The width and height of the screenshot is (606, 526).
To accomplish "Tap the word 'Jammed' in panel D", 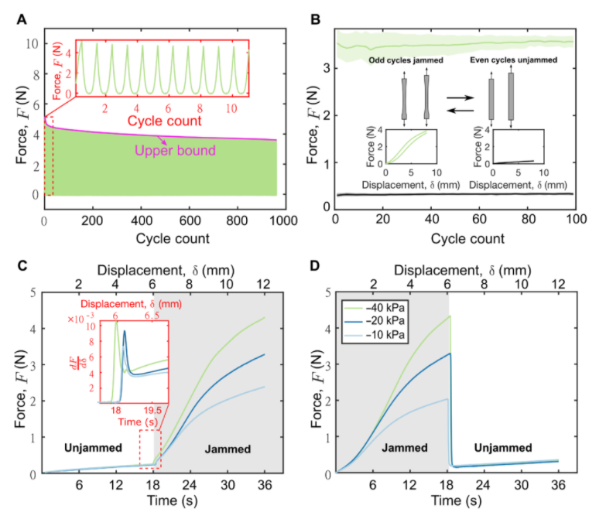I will click(x=406, y=448).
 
